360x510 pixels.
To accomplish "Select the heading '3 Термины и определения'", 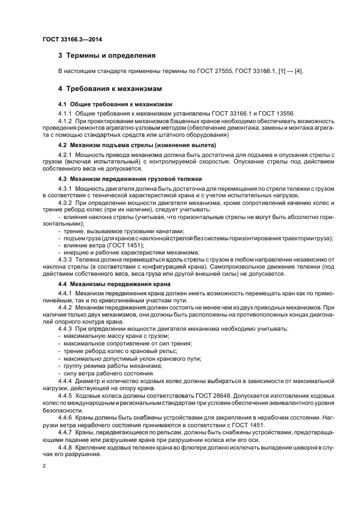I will [x=107, y=56].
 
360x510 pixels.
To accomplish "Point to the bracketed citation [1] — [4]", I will [x=288, y=71].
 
